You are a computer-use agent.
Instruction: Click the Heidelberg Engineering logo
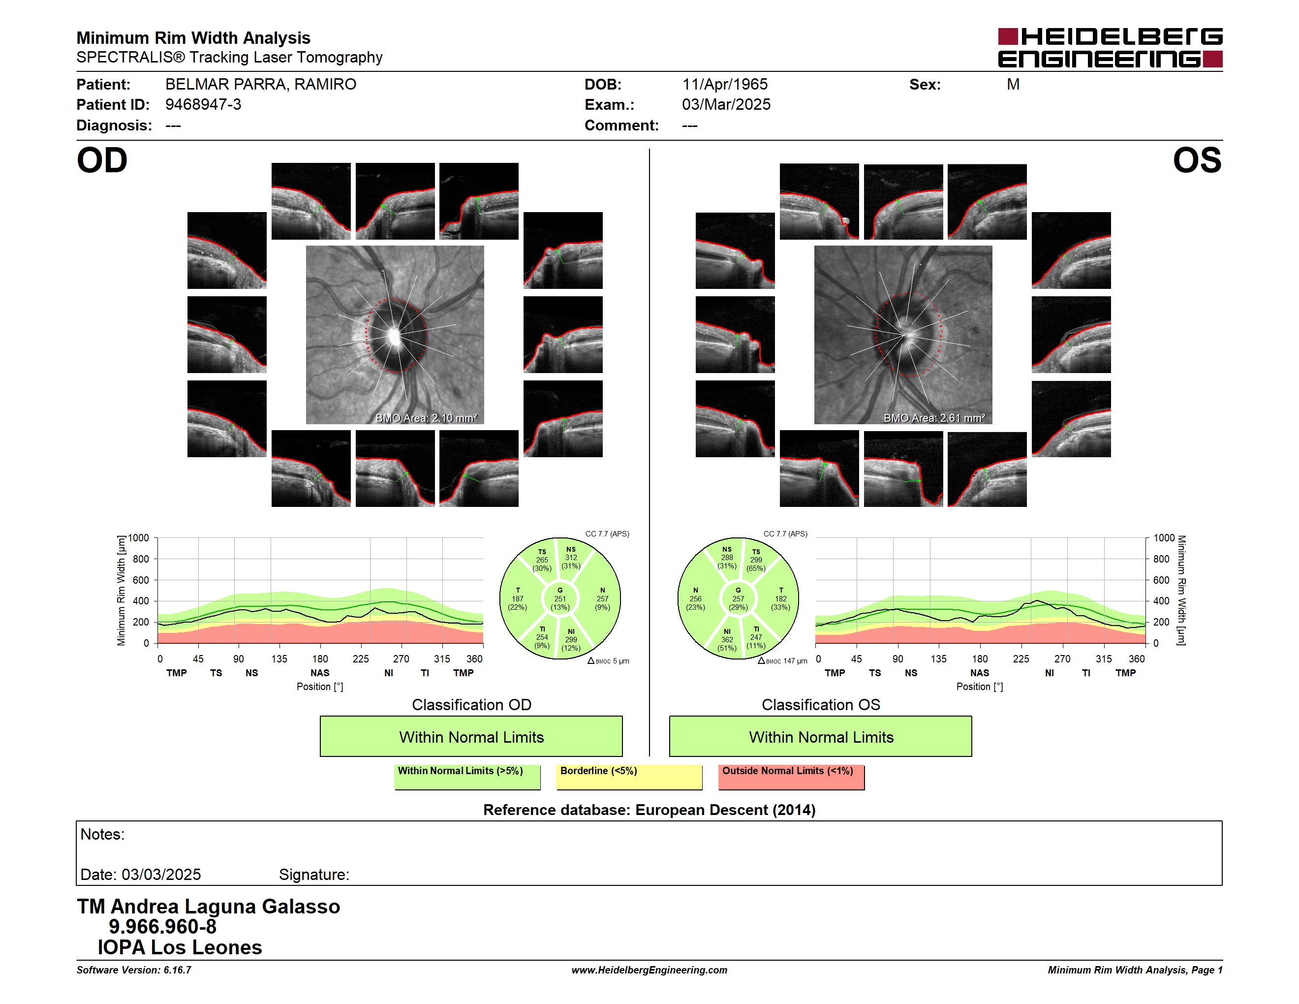1110,48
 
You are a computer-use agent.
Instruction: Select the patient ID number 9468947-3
203,105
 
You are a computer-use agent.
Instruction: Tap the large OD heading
102,160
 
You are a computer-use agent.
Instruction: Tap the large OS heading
1197,160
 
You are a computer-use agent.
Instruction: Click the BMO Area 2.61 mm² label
934,418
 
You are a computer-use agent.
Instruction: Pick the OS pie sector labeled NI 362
727,639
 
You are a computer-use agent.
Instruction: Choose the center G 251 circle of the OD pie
559,599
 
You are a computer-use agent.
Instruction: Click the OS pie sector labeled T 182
780,599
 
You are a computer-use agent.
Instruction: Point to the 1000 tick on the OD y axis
139,538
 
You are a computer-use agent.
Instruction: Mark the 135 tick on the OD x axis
279,659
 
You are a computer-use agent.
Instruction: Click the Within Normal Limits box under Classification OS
821,736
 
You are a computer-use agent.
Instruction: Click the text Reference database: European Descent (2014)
649,810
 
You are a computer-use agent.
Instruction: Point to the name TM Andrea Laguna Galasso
208,907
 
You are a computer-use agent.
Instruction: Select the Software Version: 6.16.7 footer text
134,970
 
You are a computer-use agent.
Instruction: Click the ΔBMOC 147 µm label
782,661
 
